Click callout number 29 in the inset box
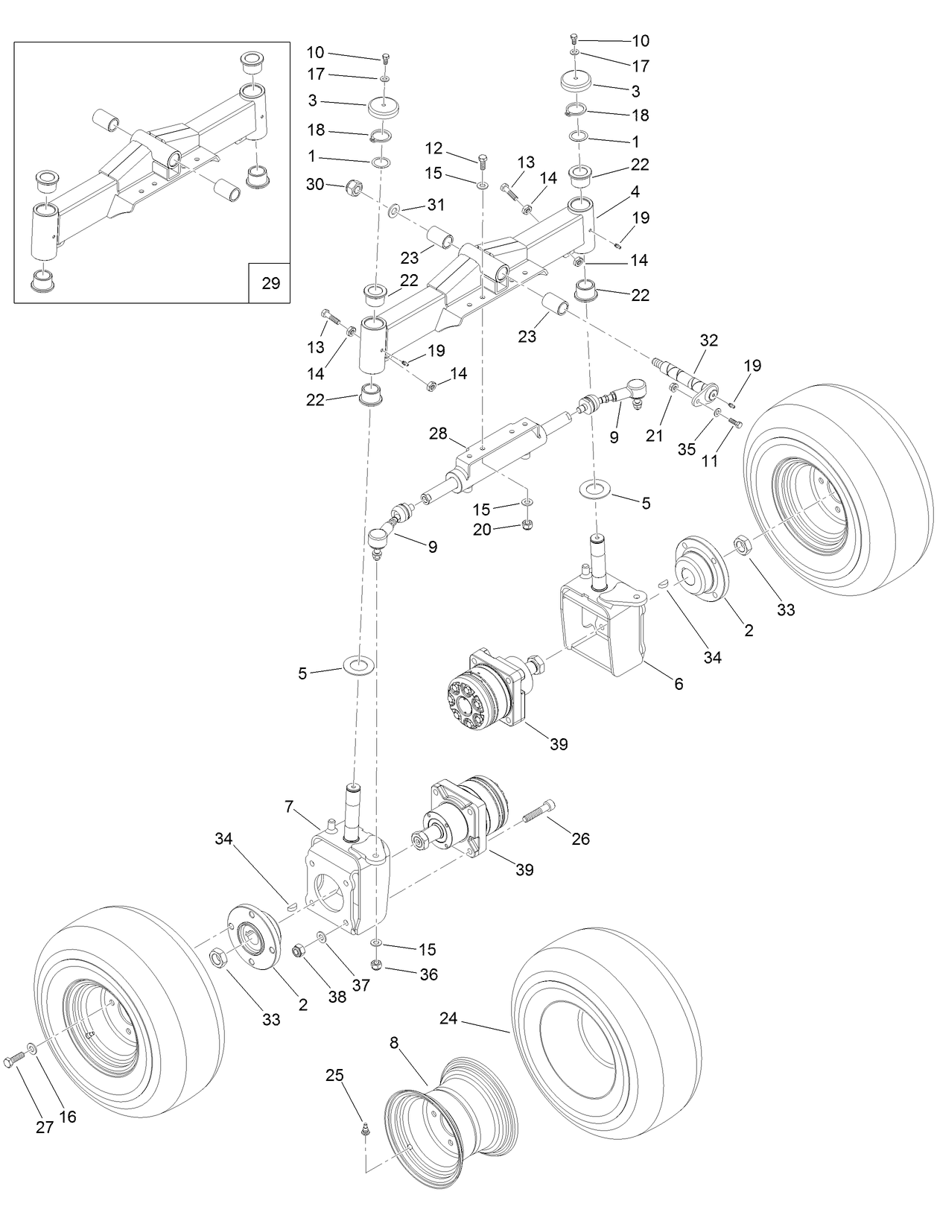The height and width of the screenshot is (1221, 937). click(270, 283)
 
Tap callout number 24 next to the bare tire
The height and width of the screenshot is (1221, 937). click(448, 1018)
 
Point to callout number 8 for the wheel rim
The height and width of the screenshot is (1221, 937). click(395, 1044)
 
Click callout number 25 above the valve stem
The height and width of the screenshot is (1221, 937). click(334, 1075)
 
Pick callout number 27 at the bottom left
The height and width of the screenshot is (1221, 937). click(45, 1127)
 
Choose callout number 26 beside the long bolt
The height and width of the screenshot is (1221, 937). click(580, 839)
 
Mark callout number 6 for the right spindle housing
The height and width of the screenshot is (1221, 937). click(679, 683)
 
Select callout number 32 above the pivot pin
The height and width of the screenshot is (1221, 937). click(708, 340)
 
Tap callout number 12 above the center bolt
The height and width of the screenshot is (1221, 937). click(433, 148)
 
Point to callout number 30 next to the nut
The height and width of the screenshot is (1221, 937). click(315, 183)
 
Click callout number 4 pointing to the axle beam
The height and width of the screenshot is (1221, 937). click(635, 191)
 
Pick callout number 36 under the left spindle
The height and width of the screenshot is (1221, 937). click(428, 974)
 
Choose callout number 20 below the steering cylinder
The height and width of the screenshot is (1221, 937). click(483, 530)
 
